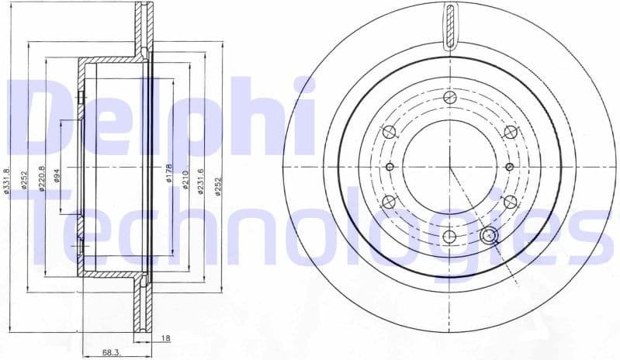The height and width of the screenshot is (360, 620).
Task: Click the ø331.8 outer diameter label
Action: tap(7, 182)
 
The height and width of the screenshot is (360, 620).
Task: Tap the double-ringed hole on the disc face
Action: tap(488, 237)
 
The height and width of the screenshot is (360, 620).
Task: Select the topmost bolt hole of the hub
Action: tap(450, 98)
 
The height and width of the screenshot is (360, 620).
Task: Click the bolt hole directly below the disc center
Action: tap(450, 237)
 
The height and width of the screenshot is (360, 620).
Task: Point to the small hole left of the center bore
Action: tap(390, 166)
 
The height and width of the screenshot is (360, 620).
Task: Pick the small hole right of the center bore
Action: tap(509, 167)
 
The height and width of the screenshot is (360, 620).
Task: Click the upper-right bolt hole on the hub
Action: tap(510, 132)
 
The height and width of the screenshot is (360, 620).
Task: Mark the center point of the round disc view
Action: tap(450, 167)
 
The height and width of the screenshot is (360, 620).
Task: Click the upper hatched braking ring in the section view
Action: tap(143, 27)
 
